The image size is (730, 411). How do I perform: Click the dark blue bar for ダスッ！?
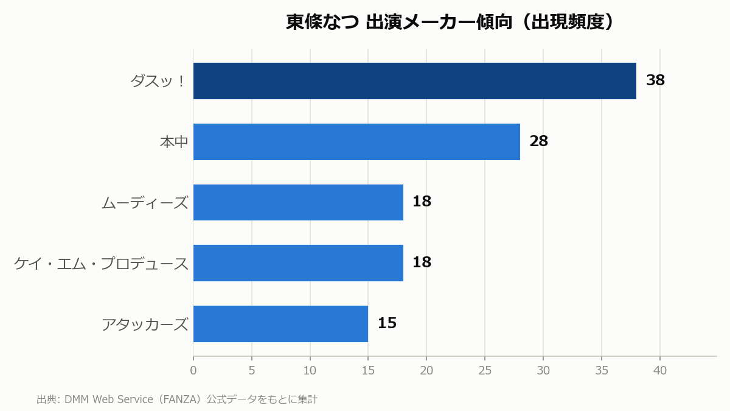(x=414, y=81)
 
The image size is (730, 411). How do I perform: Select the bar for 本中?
(x=356, y=142)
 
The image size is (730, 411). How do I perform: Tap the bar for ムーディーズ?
(x=298, y=203)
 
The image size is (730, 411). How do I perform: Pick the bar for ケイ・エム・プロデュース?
(x=298, y=263)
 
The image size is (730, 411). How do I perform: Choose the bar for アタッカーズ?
(x=280, y=324)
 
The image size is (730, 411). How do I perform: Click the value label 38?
(x=655, y=80)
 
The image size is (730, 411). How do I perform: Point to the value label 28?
(x=539, y=141)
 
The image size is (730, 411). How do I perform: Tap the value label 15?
(x=387, y=323)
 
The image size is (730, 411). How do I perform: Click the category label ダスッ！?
(x=158, y=81)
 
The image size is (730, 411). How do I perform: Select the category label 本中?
(x=174, y=142)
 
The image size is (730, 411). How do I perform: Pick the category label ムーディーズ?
(x=145, y=203)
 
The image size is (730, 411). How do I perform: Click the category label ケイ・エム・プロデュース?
(x=101, y=264)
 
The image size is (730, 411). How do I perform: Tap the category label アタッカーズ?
(x=145, y=325)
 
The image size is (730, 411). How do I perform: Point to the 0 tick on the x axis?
(x=193, y=371)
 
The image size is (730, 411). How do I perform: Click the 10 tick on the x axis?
(x=310, y=371)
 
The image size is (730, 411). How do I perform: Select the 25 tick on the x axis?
(x=485, y=371)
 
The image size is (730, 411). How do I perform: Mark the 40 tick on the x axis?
(x=660, y=371)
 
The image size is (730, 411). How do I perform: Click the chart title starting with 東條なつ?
(x=450, y=22)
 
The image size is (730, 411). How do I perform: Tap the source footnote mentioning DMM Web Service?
(x=176, y=399)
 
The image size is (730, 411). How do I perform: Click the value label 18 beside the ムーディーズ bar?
(x=422, y=202)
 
